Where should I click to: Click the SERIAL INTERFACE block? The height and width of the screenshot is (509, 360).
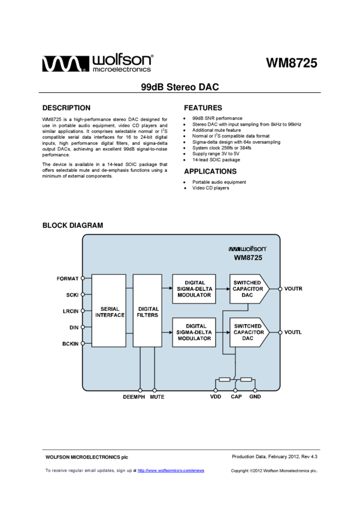pyautogui.click(x=108, y=311)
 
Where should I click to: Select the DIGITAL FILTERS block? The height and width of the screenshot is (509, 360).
pyautogui.click(x=147, y=311)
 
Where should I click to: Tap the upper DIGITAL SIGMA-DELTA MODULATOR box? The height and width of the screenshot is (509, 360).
pyautogui.click(x=194, y=289)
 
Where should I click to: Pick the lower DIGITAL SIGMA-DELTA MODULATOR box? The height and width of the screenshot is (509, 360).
pyautogui.click(x=194, y=332)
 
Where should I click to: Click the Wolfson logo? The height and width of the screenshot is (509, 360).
pyautogui.click(x=247, y=249)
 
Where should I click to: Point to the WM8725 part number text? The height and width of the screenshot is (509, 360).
pyautogui.click(x=248, y=258)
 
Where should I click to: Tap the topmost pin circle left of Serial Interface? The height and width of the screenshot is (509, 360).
pyautogui.click(x=83, y=278)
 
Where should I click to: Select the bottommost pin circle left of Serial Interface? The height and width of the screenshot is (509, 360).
pyautogui.click(x=83, y=343)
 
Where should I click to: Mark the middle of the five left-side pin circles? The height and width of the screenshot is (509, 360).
pyautogui.click(x=83, y=311)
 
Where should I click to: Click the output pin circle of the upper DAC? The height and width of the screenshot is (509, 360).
pyautogui.click(x=280, y=289)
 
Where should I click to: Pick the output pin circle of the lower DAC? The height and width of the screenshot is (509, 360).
pyautogui.click(x=280, y=332)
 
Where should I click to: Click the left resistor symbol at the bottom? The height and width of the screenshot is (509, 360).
pyautogui.click(x=225, y=379)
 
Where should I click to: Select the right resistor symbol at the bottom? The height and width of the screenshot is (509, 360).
pyautogui.click(x=246, y=379)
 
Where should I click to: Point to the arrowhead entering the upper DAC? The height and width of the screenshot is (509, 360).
pyautogui.click(x=228, y=289)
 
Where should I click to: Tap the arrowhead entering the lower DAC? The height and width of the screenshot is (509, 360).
pyautogui.click(x=228, y=332)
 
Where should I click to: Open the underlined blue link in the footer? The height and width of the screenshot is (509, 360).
pyautogui.click(x=171, y=471)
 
